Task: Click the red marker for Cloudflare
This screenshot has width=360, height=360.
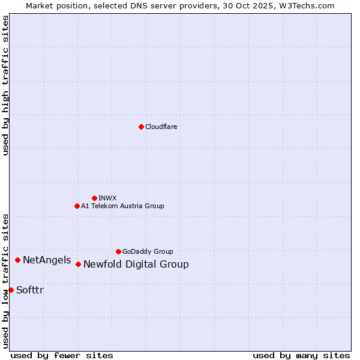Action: (x=141, y=127)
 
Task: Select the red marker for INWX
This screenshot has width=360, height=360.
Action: (x=94, y=198)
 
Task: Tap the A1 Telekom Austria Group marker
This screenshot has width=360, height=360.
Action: (x=77, y=206)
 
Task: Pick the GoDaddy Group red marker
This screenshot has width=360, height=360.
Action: (x=118, y=251)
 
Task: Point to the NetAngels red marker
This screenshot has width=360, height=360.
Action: (x=18, y=260)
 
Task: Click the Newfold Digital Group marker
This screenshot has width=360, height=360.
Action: (x=78, y=264)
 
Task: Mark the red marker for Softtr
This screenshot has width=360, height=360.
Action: (x=11, y=290)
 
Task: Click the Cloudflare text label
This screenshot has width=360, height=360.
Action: (x=161, y=127)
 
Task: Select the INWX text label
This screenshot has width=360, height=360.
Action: (x=107, y=198)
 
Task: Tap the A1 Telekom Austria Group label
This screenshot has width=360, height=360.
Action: (x=122, y=206)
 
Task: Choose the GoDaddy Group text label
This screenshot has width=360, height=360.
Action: (x=148, y=251)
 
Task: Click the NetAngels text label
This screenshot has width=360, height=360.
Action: (x=47, y=260)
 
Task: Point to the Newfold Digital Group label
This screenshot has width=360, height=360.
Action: (x=136, y=265)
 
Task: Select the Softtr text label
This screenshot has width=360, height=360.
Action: (x=29, y=290)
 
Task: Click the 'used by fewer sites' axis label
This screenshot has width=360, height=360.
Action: (x=62, y=355)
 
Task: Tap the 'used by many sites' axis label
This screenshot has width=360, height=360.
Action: (x=301, y=355)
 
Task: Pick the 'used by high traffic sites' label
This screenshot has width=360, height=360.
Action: (x=5, y=85)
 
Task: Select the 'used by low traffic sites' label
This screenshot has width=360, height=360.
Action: (x=5, y=280)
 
